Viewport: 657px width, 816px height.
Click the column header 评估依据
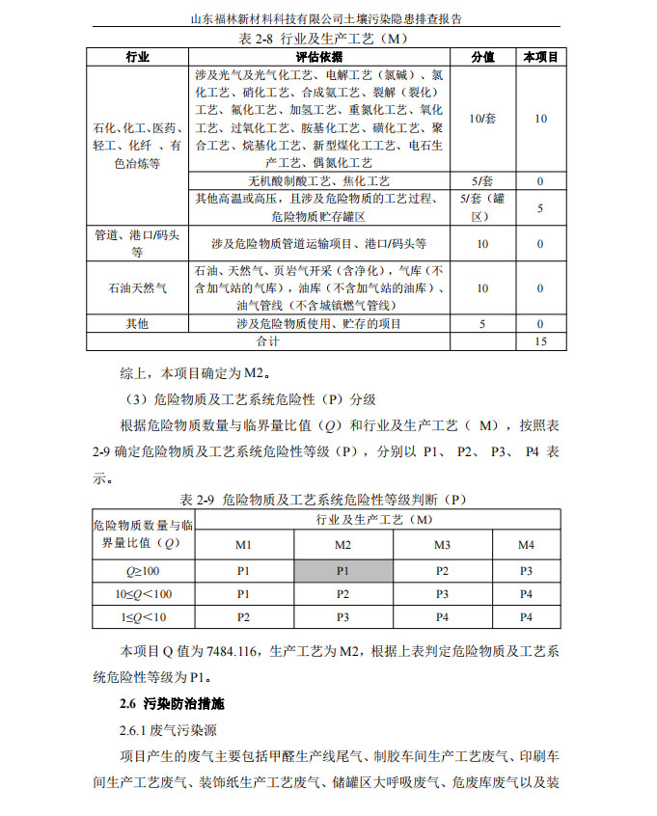pyautogui.click(x=318, y=58)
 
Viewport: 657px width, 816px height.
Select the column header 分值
pyautogui.click(x=482, y=58)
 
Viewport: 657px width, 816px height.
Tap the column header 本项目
pyautogui.click(x=540, y=58)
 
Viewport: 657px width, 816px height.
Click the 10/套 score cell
pyautogui.click(x=482, y=119)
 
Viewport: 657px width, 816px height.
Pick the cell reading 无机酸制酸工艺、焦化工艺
pyautogui.click(x=318, y=181)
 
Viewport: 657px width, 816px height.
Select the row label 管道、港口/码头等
pyautogui.click(x=137, y=244)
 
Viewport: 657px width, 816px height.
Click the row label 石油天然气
pyautogui.click(x=137, y=288)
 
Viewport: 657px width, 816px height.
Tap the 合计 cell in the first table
pyautogui.click(x=267, y=341)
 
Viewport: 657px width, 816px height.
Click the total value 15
pyautogui.click(x=540, y=341)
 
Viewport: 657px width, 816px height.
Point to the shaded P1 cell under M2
pyautogui.click(x=342, y=570)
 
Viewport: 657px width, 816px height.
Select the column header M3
pyautogui.click(x=442, y=545)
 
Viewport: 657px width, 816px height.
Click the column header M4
pyautogui.click(x=526, y=545)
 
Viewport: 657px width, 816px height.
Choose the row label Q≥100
pyautogui.click(x=144, y=570)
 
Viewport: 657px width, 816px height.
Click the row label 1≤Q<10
pyautogui.click(x=144, y=616)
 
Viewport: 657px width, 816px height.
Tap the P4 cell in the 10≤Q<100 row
pyautogui.click(x=526, y=593)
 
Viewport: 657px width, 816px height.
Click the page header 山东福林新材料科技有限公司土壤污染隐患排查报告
pyautogui.click(x=328, y=16)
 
